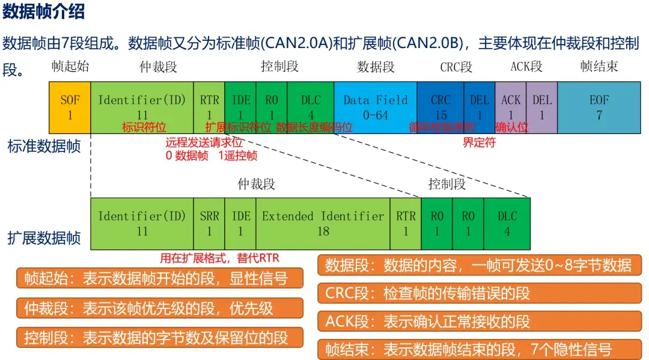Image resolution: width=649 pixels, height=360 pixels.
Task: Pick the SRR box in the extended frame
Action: pos(210,223)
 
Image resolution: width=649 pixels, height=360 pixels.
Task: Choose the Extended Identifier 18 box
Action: pos(323,223)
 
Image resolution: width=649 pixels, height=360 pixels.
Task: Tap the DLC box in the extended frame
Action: pos(507,223)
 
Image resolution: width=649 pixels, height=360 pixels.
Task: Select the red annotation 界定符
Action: pos(479,143)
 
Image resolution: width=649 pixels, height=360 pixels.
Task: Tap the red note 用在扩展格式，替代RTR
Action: pos(219,258)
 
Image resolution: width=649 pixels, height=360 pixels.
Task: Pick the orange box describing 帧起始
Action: pos(159,279)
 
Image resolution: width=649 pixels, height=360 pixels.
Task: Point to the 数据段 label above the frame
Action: pos(376,67)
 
